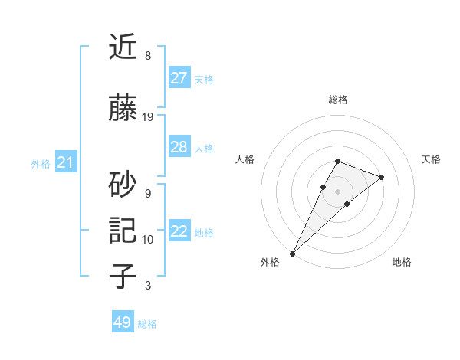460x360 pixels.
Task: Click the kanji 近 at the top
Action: (123, 48)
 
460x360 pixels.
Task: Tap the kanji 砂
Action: (123, 184)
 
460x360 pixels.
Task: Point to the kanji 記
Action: (123, 231)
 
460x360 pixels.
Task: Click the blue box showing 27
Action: (179, 78)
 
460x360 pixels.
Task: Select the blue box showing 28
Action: (179, 147)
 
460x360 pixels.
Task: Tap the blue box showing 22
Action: (179, 231)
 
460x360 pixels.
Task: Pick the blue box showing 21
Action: (65, 162)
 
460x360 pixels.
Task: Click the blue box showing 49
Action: (123, 322)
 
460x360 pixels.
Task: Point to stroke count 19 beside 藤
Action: (148, 117)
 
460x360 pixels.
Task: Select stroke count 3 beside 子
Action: (148, 286)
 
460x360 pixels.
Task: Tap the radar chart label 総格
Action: (338, 100)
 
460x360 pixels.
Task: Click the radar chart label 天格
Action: (431, 159)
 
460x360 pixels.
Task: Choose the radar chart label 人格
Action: (245, 159)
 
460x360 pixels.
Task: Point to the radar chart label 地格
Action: (402, 262)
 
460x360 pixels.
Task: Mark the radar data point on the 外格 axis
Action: (292, 253)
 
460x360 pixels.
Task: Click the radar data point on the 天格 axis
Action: (381, 177)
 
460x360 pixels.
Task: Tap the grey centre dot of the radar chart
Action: (338, 191)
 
